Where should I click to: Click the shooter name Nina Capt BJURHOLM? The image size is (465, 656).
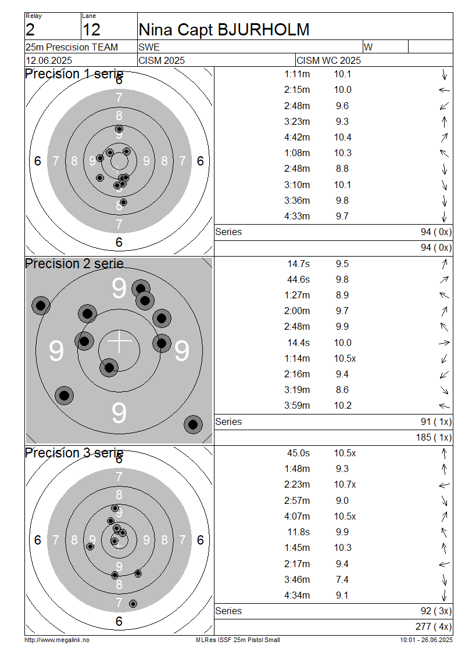pos(224,30)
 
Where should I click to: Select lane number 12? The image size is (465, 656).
pos(91,30)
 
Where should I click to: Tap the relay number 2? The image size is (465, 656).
pos(30,30)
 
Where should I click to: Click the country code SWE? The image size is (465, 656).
pos(149,47)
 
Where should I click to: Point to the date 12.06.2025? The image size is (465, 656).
pos(49,60)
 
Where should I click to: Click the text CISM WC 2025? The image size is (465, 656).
pos(328,60)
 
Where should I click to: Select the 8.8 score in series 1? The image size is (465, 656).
pos(342,168)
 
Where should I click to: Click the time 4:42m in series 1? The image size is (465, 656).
pos(297,137)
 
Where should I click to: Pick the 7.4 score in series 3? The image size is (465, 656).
pos(342,579)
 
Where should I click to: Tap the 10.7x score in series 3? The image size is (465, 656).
pos(345,485)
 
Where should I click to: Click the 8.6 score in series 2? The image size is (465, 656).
pos(342,390)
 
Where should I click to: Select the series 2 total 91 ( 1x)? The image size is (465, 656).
pos(436,421)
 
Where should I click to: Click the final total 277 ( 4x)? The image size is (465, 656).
pos(434,626)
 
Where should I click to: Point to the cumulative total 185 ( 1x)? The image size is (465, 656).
pos(434,437)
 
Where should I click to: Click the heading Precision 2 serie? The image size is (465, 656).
pos(74,264)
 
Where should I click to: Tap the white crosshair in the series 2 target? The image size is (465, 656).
pos(119,341)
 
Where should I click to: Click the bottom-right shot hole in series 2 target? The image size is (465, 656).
pos(193,424)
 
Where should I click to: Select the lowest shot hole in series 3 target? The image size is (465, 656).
pos(133,604)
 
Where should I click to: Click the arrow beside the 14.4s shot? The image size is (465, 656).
pos(444,343)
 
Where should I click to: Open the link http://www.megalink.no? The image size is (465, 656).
pos(57,640)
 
